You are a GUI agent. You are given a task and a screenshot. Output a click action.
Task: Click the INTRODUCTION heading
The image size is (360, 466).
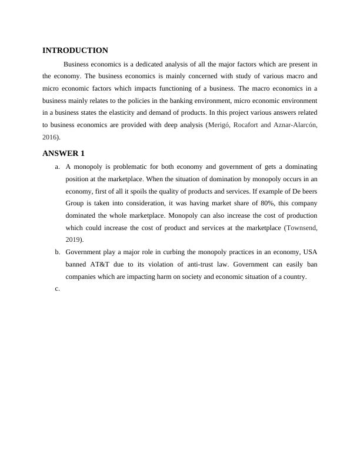pyautogui.click(x=75, y=51)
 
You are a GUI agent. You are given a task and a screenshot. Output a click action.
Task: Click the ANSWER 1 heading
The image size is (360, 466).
pyautogui.click(x=64, y=154)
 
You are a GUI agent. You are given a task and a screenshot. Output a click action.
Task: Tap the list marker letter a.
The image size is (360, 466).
pyautogui.click(x=57, y=167)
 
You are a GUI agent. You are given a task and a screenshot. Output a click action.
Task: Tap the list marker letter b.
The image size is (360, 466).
pyautogui.click(x=57, y=252)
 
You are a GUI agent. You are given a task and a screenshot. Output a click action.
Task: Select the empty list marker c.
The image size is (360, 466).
pyautogui.click(x=57, y=288)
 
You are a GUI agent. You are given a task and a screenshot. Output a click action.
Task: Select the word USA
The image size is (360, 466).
pyautogui.click(x=310, y=252)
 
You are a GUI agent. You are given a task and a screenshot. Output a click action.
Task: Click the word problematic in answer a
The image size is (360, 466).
pyautogui.click(x=129, y=167)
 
